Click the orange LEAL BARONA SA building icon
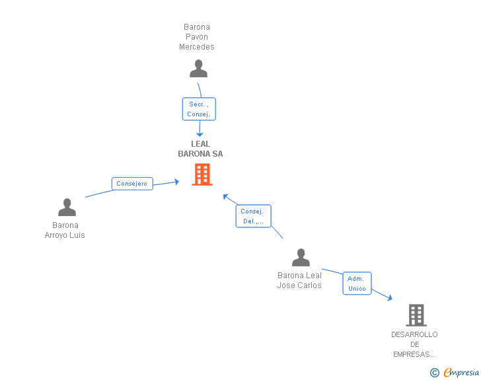202,174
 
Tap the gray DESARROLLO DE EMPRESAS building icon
416,315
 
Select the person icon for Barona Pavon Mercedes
198,69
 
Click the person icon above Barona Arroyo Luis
67,208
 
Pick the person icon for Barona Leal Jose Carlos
301,257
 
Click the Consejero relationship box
132,184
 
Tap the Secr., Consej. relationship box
199,109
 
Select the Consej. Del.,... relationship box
254,216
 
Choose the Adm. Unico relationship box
357,284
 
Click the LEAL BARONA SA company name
200,149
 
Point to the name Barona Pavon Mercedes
197,37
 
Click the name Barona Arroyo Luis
65,230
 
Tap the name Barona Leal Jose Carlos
299,280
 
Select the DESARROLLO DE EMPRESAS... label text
414,344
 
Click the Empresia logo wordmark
461,372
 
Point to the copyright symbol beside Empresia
435,373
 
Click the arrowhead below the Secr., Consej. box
200,134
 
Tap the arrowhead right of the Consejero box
176,182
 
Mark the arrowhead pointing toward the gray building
390,298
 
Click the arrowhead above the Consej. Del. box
225,196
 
